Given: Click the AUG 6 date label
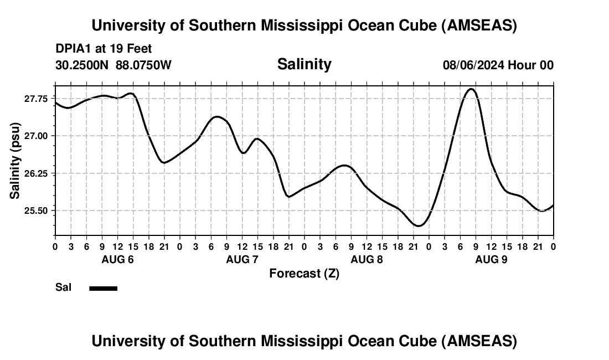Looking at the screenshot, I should (x=117, y=259).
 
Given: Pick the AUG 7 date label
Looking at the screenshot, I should (x=242, y=259).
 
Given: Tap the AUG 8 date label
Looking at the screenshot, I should (x=367, y=259).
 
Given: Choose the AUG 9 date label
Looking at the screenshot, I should (x=491, y=259).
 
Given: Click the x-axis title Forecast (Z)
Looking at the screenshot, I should (x=304, y=273).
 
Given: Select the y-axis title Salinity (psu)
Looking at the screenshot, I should (x=15, y=161).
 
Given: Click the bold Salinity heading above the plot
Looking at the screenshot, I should (x=304, y=64).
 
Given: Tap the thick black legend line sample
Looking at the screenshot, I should (x=104, y=288).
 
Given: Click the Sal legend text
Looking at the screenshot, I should (x=63, y=287).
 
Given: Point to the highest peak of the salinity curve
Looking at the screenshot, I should (x=471, y=89).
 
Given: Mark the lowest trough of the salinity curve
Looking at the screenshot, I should (x=419, y=226).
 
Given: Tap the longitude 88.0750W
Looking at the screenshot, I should (x=143, y=65).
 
